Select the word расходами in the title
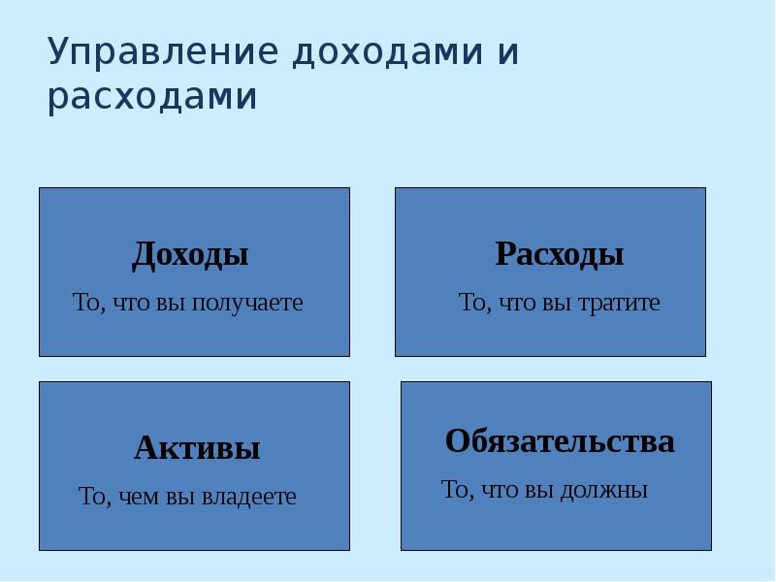click(152, 98)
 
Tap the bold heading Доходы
click(190, 255)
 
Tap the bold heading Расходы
click(559, 255)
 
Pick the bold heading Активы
click(197, 448)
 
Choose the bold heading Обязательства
click(560, 441)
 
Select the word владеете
click(249, 498)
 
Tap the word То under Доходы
click(87, 303)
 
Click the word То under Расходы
click(473, 303)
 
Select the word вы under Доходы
click(168, 303)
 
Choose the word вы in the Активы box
click(180, 498)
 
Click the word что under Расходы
click(516, 303)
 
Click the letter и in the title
click(508, 53)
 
